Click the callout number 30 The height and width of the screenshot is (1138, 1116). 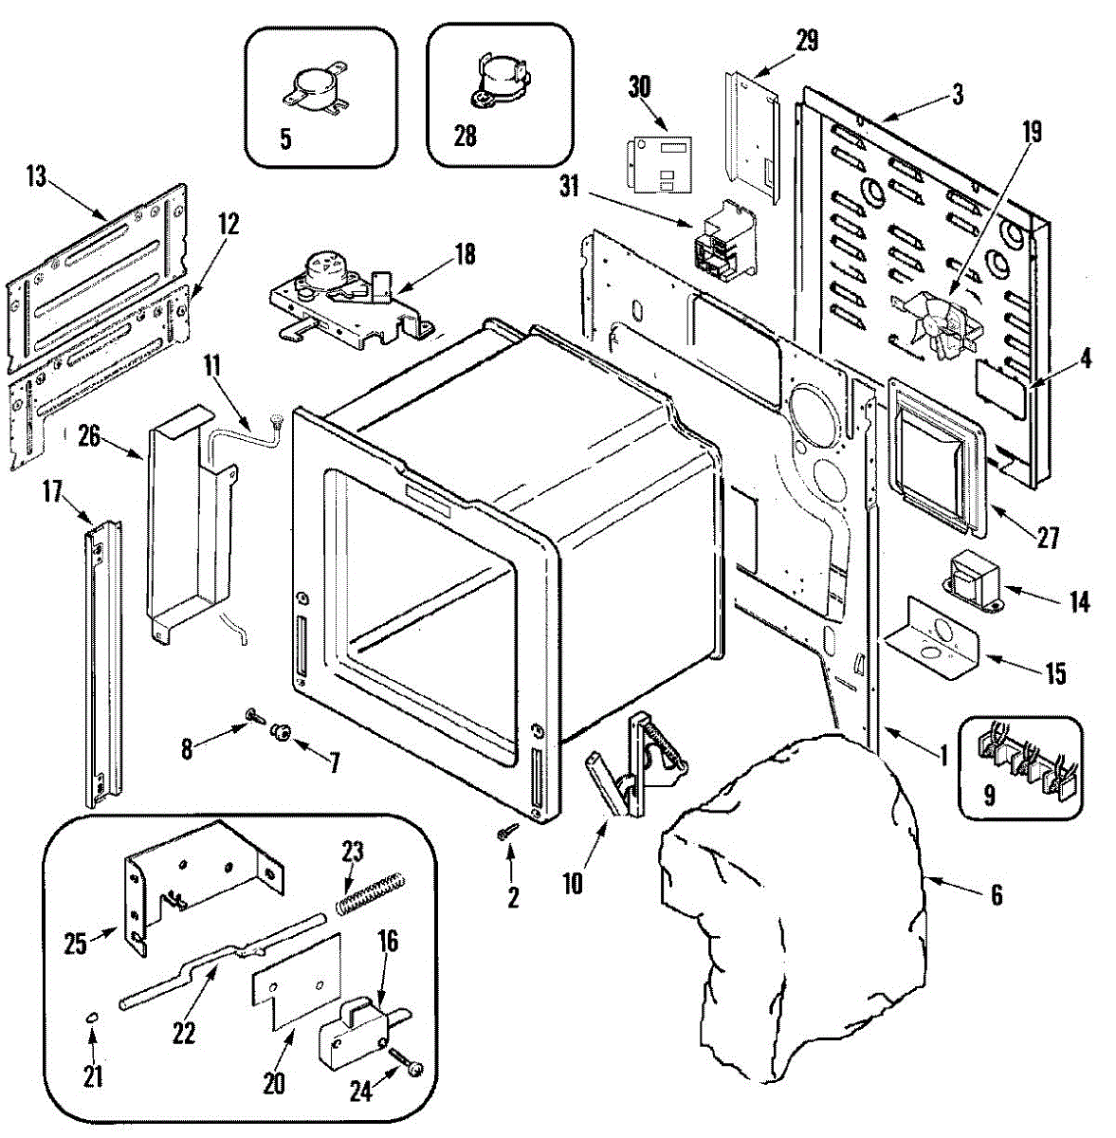pos(640,86)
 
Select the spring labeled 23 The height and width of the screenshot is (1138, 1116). pos(371,893)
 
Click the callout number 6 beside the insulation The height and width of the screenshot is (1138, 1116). pos(997,894)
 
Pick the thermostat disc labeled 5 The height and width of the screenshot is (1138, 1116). pos(311,91)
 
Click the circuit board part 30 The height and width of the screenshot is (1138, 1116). pos(659,163)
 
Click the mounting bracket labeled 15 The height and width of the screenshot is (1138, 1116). pos(932,637)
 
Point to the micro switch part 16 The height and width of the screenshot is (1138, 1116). pos(358,1030)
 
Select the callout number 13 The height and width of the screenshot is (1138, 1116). pos(36,177)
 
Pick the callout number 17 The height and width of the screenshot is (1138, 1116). pos(52,491)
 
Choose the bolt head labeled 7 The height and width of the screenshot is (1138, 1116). pos(281,731)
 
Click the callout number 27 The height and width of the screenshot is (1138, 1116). pos(1047,538)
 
